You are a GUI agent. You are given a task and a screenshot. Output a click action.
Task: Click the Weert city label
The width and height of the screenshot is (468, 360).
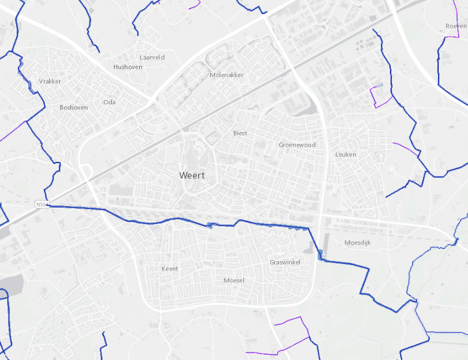click(191, 176)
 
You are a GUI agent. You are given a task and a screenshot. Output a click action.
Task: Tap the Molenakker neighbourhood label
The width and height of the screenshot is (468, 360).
click(226, 75)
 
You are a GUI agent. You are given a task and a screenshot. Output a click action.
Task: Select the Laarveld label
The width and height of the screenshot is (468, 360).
click(152, 57)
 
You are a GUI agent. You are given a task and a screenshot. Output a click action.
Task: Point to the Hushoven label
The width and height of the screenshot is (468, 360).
click(127, 67)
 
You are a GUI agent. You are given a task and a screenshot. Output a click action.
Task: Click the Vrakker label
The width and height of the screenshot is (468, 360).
click(50, 81)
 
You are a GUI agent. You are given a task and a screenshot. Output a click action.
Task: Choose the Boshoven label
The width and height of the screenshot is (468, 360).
click(73, 108)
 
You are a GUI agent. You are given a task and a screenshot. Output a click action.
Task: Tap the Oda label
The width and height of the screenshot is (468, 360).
click(109, 102)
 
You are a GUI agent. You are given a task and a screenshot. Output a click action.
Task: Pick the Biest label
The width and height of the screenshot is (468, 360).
click(240, 133)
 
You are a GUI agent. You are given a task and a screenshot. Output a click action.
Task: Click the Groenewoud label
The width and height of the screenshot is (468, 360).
click(297, 145)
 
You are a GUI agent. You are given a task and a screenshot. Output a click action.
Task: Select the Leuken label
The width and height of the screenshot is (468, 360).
click(345, 155)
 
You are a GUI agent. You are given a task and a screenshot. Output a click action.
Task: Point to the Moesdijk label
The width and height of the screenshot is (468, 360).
click(357, 243)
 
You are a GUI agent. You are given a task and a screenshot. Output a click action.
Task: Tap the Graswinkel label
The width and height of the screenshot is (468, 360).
click(286, 262)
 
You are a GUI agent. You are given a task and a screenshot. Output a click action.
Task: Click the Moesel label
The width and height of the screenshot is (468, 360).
click(234, 280)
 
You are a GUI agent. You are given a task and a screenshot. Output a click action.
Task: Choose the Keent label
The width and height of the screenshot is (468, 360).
click(169, 269)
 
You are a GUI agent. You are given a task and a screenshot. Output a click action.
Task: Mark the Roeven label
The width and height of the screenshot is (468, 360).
click(456, 26)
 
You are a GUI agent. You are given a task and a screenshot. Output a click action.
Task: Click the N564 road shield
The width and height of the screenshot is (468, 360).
click(41, 205)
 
